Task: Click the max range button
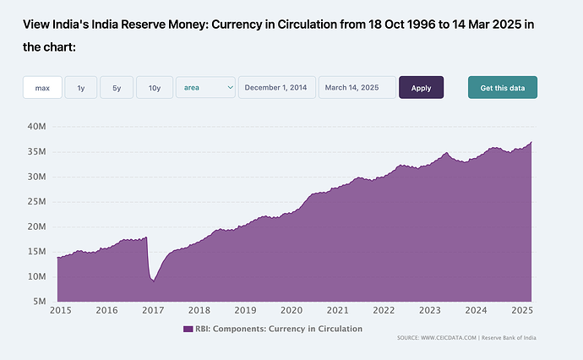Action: click(x=42, y=87)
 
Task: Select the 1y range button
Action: click(x=80, y=87)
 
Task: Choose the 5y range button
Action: click(x=117, y=87)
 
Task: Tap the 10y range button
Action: click(x=155, y=87)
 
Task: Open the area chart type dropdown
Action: click(x=205, y=87)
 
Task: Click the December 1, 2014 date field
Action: click(x=277, y=87)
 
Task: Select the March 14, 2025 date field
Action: click(x=357, y=87)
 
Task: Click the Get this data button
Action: click(x=502, y=87)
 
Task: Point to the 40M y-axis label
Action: click(x=36, y=127)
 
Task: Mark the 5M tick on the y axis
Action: click(x=39, y=302)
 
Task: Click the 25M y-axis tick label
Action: click(x=36, y=202)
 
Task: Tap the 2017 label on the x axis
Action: click(x=153, y=311)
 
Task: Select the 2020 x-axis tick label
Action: click(x=291, y=311)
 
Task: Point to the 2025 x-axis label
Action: click(x=522, y=311)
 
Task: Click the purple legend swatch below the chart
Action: click(x=188, y=329)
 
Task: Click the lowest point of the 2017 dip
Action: click(x=153, y=281)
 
